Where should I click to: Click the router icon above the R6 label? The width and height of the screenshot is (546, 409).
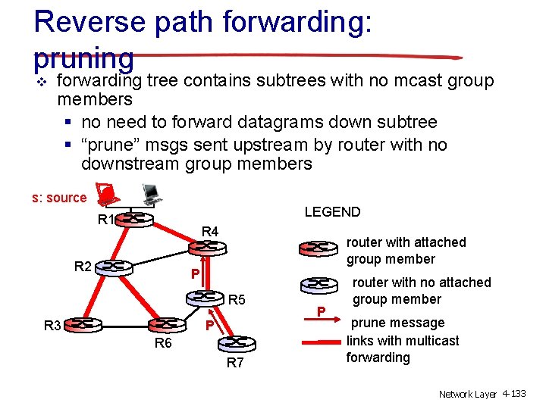[162, 326]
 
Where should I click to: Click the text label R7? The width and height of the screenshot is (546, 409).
[236, 364]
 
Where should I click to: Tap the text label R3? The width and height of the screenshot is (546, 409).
[52, 326]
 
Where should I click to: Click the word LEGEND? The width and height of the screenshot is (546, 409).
[332, 212]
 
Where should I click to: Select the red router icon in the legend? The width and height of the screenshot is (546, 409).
[319, 248]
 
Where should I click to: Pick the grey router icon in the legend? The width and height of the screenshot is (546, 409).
[319, 285]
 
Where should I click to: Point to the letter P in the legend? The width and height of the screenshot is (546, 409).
[321, 311]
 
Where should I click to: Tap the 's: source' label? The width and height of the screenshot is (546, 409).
[59, 198]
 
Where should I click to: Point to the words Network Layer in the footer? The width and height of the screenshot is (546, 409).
[467, 394]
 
